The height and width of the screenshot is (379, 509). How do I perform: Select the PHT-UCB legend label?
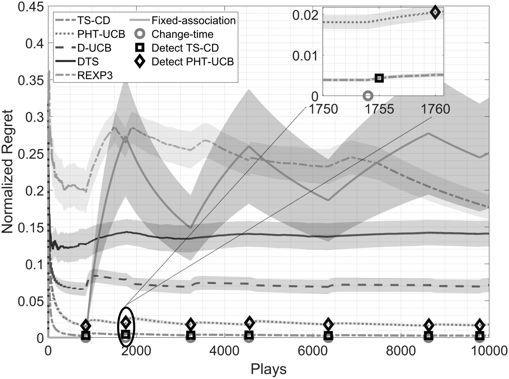click(101, 34)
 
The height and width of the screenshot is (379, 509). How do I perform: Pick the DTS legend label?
click(88, 62)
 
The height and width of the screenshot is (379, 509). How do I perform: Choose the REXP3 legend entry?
click(95, 75)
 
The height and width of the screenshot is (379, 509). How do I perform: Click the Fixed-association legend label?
click(193, 20)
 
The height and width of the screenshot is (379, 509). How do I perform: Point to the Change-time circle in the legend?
click(140, 34)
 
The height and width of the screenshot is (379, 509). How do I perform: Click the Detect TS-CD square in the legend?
click(140, 48)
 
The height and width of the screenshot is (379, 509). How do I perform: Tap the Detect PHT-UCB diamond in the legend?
click(140, 62)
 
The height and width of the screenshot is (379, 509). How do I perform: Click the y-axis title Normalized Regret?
click(7, 172)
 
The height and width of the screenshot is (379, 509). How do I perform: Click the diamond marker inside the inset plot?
click(435, 12)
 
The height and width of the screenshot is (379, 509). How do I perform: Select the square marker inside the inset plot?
click(379, 78)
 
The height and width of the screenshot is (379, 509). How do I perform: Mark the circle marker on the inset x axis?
click(368, 96)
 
